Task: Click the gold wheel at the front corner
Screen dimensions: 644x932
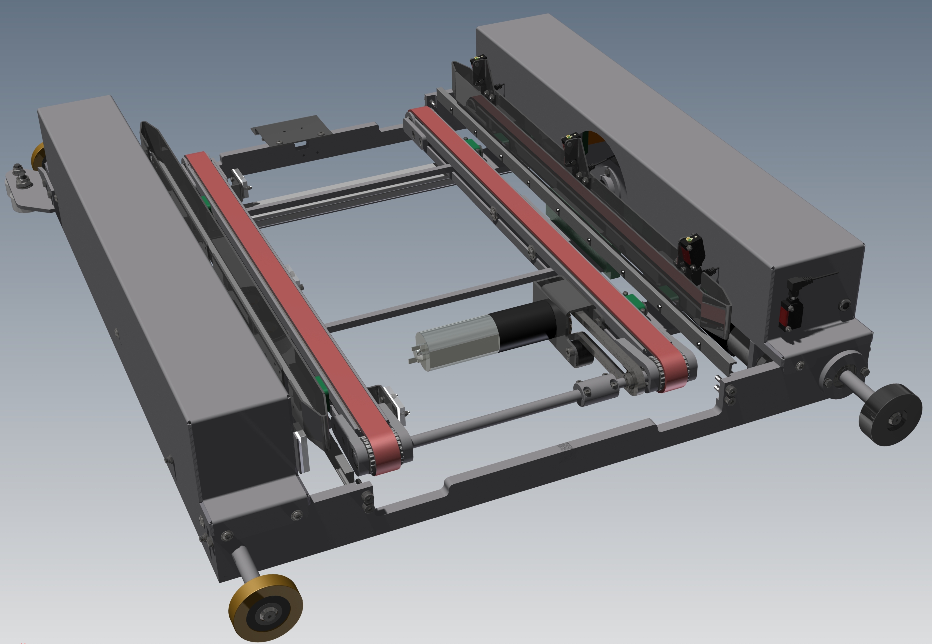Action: coord(265,607)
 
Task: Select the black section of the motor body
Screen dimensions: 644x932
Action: coord(524,323)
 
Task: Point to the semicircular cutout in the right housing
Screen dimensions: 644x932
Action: coord(603,161)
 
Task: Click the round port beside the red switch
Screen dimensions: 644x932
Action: coord(844,305)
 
